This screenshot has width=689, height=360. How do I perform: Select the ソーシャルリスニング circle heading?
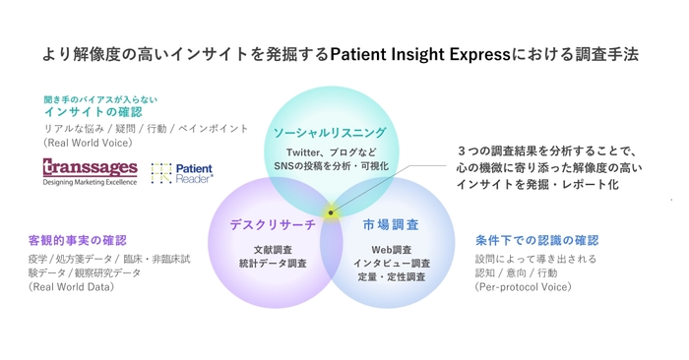(x=330, y=133)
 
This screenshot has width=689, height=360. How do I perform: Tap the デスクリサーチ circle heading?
(x=273, y=225)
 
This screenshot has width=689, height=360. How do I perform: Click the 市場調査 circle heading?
(x=390, y=225)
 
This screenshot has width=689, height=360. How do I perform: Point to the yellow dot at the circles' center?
(x=332, y=211)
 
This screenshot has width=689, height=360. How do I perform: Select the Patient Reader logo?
(x=183, y=174)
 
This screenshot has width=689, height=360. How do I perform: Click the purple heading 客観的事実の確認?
(x=78, y=240)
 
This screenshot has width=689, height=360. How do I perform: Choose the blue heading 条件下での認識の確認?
(x=536, y=240)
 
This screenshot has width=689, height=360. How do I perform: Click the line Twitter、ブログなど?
(x=331, y=152)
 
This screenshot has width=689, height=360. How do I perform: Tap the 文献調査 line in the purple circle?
(x=273, y=250)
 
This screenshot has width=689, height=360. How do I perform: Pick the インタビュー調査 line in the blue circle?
(x=391, y=264)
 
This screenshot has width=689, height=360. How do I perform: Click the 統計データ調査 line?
(x=273, y=264)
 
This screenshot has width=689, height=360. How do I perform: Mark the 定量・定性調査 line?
(x=391, y=277)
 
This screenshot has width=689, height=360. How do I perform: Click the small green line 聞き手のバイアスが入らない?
(x=99, y=99)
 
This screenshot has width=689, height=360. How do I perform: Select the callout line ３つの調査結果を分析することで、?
(x=547, y=151)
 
